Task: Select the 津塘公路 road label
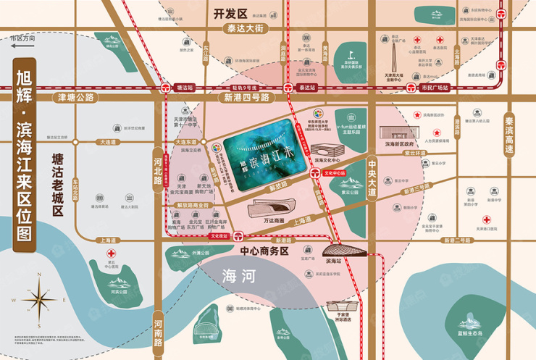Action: tap(74, 97)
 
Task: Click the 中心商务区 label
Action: tap(262, 251)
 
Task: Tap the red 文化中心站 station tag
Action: tap(335, 174)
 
